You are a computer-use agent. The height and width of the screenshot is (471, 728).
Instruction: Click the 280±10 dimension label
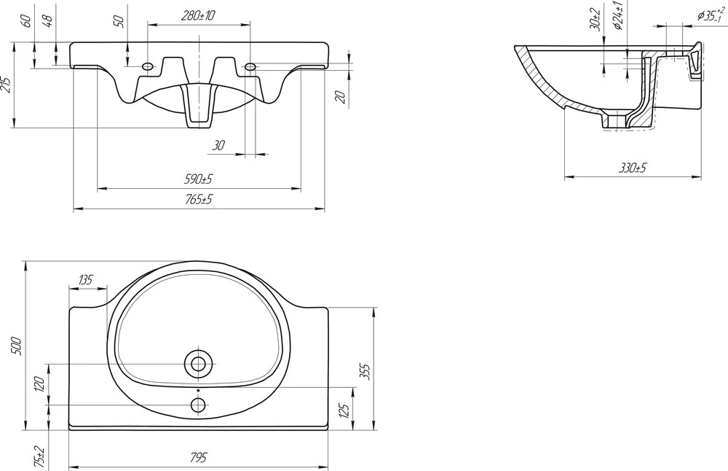[x=198, y=15]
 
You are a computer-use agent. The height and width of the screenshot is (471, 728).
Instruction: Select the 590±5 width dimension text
[x=198, y=179]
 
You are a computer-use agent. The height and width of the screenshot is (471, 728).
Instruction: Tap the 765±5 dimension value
[x=198, y=200]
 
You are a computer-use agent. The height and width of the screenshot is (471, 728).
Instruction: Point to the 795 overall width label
[x=198, y=458]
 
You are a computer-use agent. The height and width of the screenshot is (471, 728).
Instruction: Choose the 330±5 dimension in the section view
[x=633, y=168]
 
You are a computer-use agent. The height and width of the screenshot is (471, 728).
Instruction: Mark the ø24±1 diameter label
[x=618, y=15]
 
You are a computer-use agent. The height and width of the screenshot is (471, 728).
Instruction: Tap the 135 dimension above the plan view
[x=85, y=279]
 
